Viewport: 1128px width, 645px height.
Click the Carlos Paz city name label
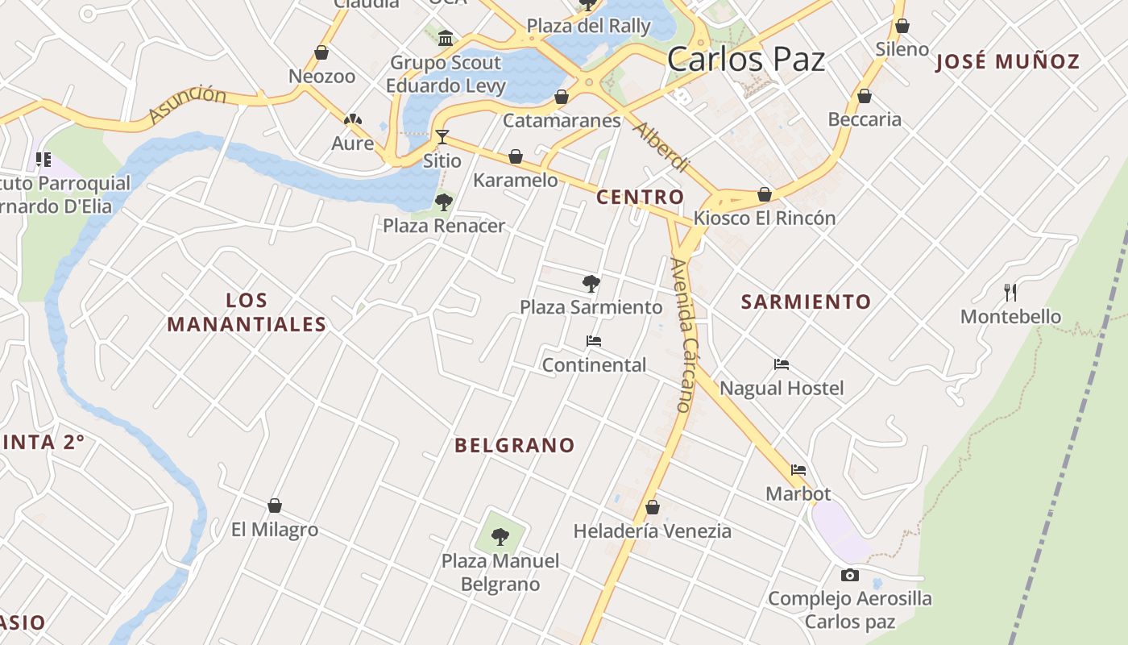tap(746, 60)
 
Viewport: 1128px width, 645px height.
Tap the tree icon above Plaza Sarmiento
tap(591, 283)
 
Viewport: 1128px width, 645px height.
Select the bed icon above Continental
tap(594, 341)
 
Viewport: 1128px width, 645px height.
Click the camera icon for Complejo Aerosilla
tap(849, 575)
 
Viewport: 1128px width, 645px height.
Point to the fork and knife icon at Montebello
tap(1010, 291)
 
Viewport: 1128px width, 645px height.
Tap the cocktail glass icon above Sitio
tap(442, 136)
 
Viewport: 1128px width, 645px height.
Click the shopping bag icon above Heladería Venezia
tap(653, 507)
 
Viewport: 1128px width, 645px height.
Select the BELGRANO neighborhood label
tap(515, 445)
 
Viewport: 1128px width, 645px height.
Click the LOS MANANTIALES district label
tap(247, 313)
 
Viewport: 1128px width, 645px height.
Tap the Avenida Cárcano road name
tap(682, 335)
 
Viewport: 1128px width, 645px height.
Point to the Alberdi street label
tap(661, 147)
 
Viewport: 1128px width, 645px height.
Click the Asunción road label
tap(189, 105)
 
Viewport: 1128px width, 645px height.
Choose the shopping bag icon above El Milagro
tap(275, 506)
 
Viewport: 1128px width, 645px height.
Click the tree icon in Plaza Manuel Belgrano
tap(500, 536)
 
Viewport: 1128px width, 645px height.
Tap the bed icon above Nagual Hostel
tap(781, 364)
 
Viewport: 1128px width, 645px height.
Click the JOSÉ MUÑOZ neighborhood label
tap(1007, 61)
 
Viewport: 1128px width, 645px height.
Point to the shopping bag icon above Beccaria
tap(865, 96)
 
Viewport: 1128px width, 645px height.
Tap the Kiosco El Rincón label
tap(765, 218)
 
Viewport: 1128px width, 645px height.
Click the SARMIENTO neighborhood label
tap(806, 302)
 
